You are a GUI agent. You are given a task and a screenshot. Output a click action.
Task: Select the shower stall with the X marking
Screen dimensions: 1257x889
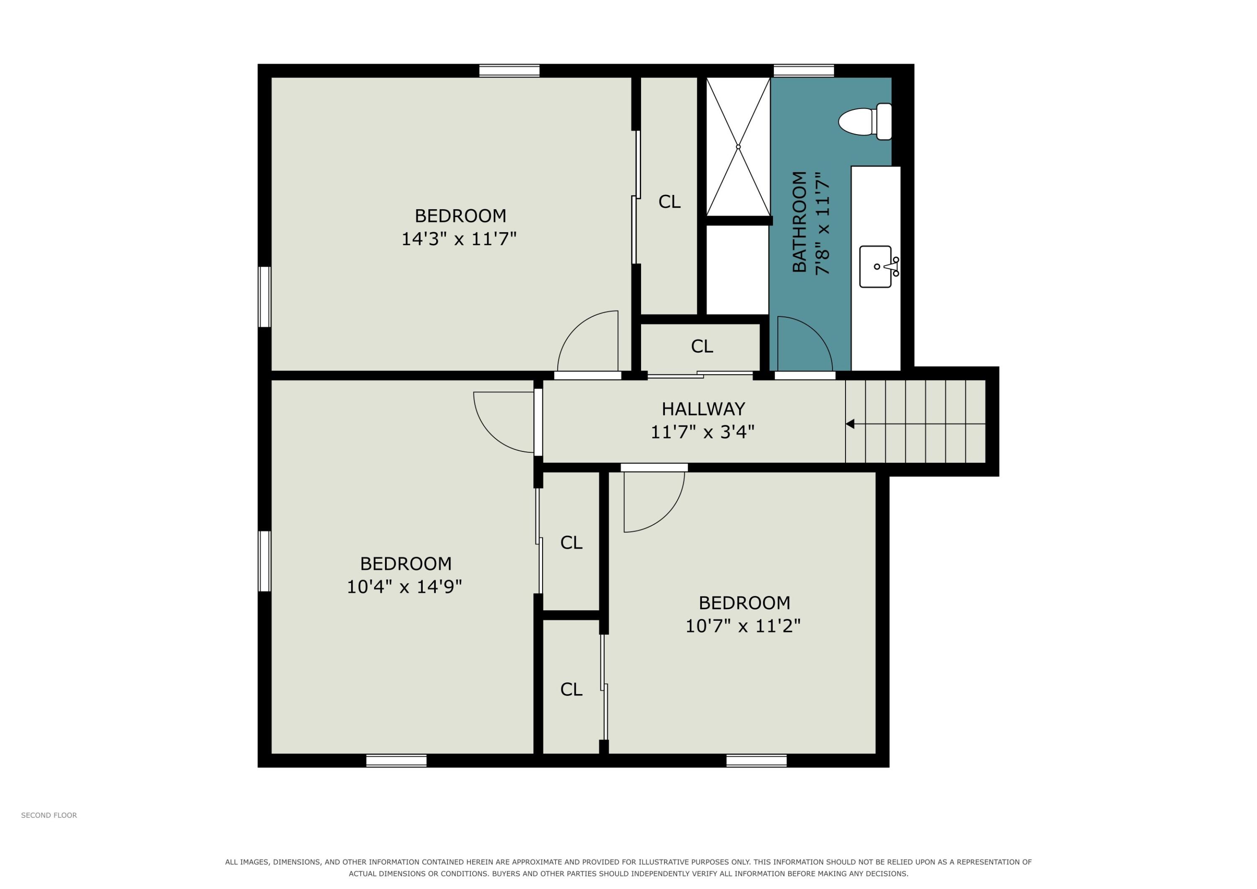(x=738, y=146)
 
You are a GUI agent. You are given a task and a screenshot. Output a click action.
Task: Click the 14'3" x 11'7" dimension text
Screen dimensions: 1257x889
(x=459, y=239)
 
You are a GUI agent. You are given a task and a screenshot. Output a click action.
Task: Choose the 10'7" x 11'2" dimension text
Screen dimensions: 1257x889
(x=743, y=626)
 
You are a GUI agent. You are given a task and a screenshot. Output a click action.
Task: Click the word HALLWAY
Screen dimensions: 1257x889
(x=703, y=409)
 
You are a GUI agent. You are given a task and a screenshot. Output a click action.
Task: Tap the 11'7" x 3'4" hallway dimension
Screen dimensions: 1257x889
(x=702, y=433)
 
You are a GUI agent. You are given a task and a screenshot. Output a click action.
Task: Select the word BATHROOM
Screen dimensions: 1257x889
(x=800, y=222)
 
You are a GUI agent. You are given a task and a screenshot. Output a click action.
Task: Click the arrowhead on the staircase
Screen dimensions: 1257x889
(x=850, y=424)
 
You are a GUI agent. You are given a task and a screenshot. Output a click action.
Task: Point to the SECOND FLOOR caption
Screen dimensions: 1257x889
(x=49, y=816)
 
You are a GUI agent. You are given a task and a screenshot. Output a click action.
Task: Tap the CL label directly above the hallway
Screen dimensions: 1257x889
(x=702, y=346)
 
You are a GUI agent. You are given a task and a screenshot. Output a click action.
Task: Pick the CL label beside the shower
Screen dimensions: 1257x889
(x=669, y=202)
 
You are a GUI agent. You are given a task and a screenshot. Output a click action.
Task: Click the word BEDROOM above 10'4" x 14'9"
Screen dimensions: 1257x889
(x=406, y=564)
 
